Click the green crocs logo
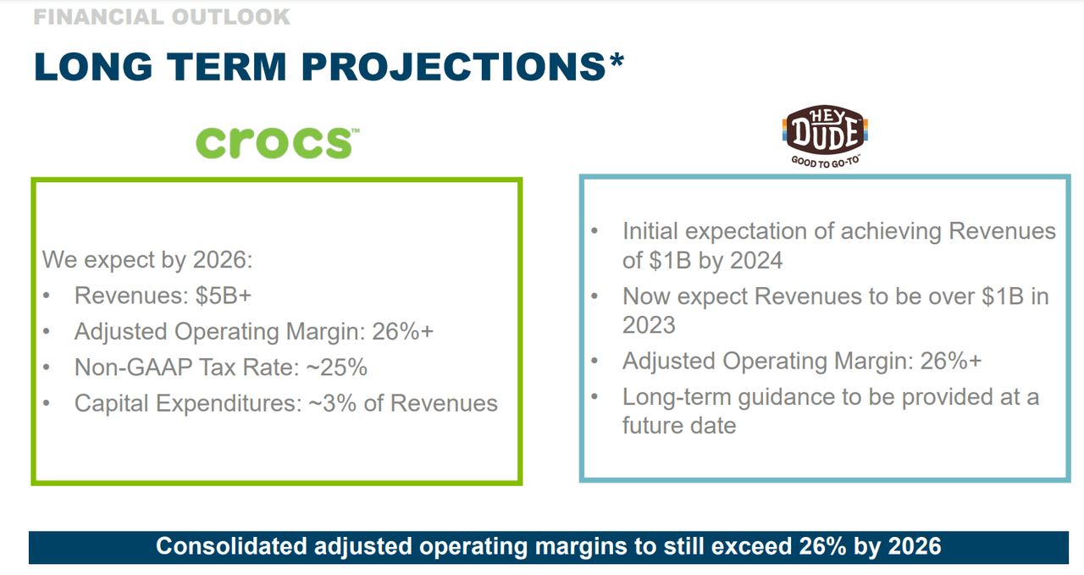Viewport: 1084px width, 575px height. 274,141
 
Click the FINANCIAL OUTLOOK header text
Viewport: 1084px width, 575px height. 161,16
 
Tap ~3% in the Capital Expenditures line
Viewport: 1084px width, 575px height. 326,403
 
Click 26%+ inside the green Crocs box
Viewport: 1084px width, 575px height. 403,331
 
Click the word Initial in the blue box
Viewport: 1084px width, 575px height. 653,231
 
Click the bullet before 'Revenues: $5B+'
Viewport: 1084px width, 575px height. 47,296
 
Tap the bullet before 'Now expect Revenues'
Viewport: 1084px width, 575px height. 595,296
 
